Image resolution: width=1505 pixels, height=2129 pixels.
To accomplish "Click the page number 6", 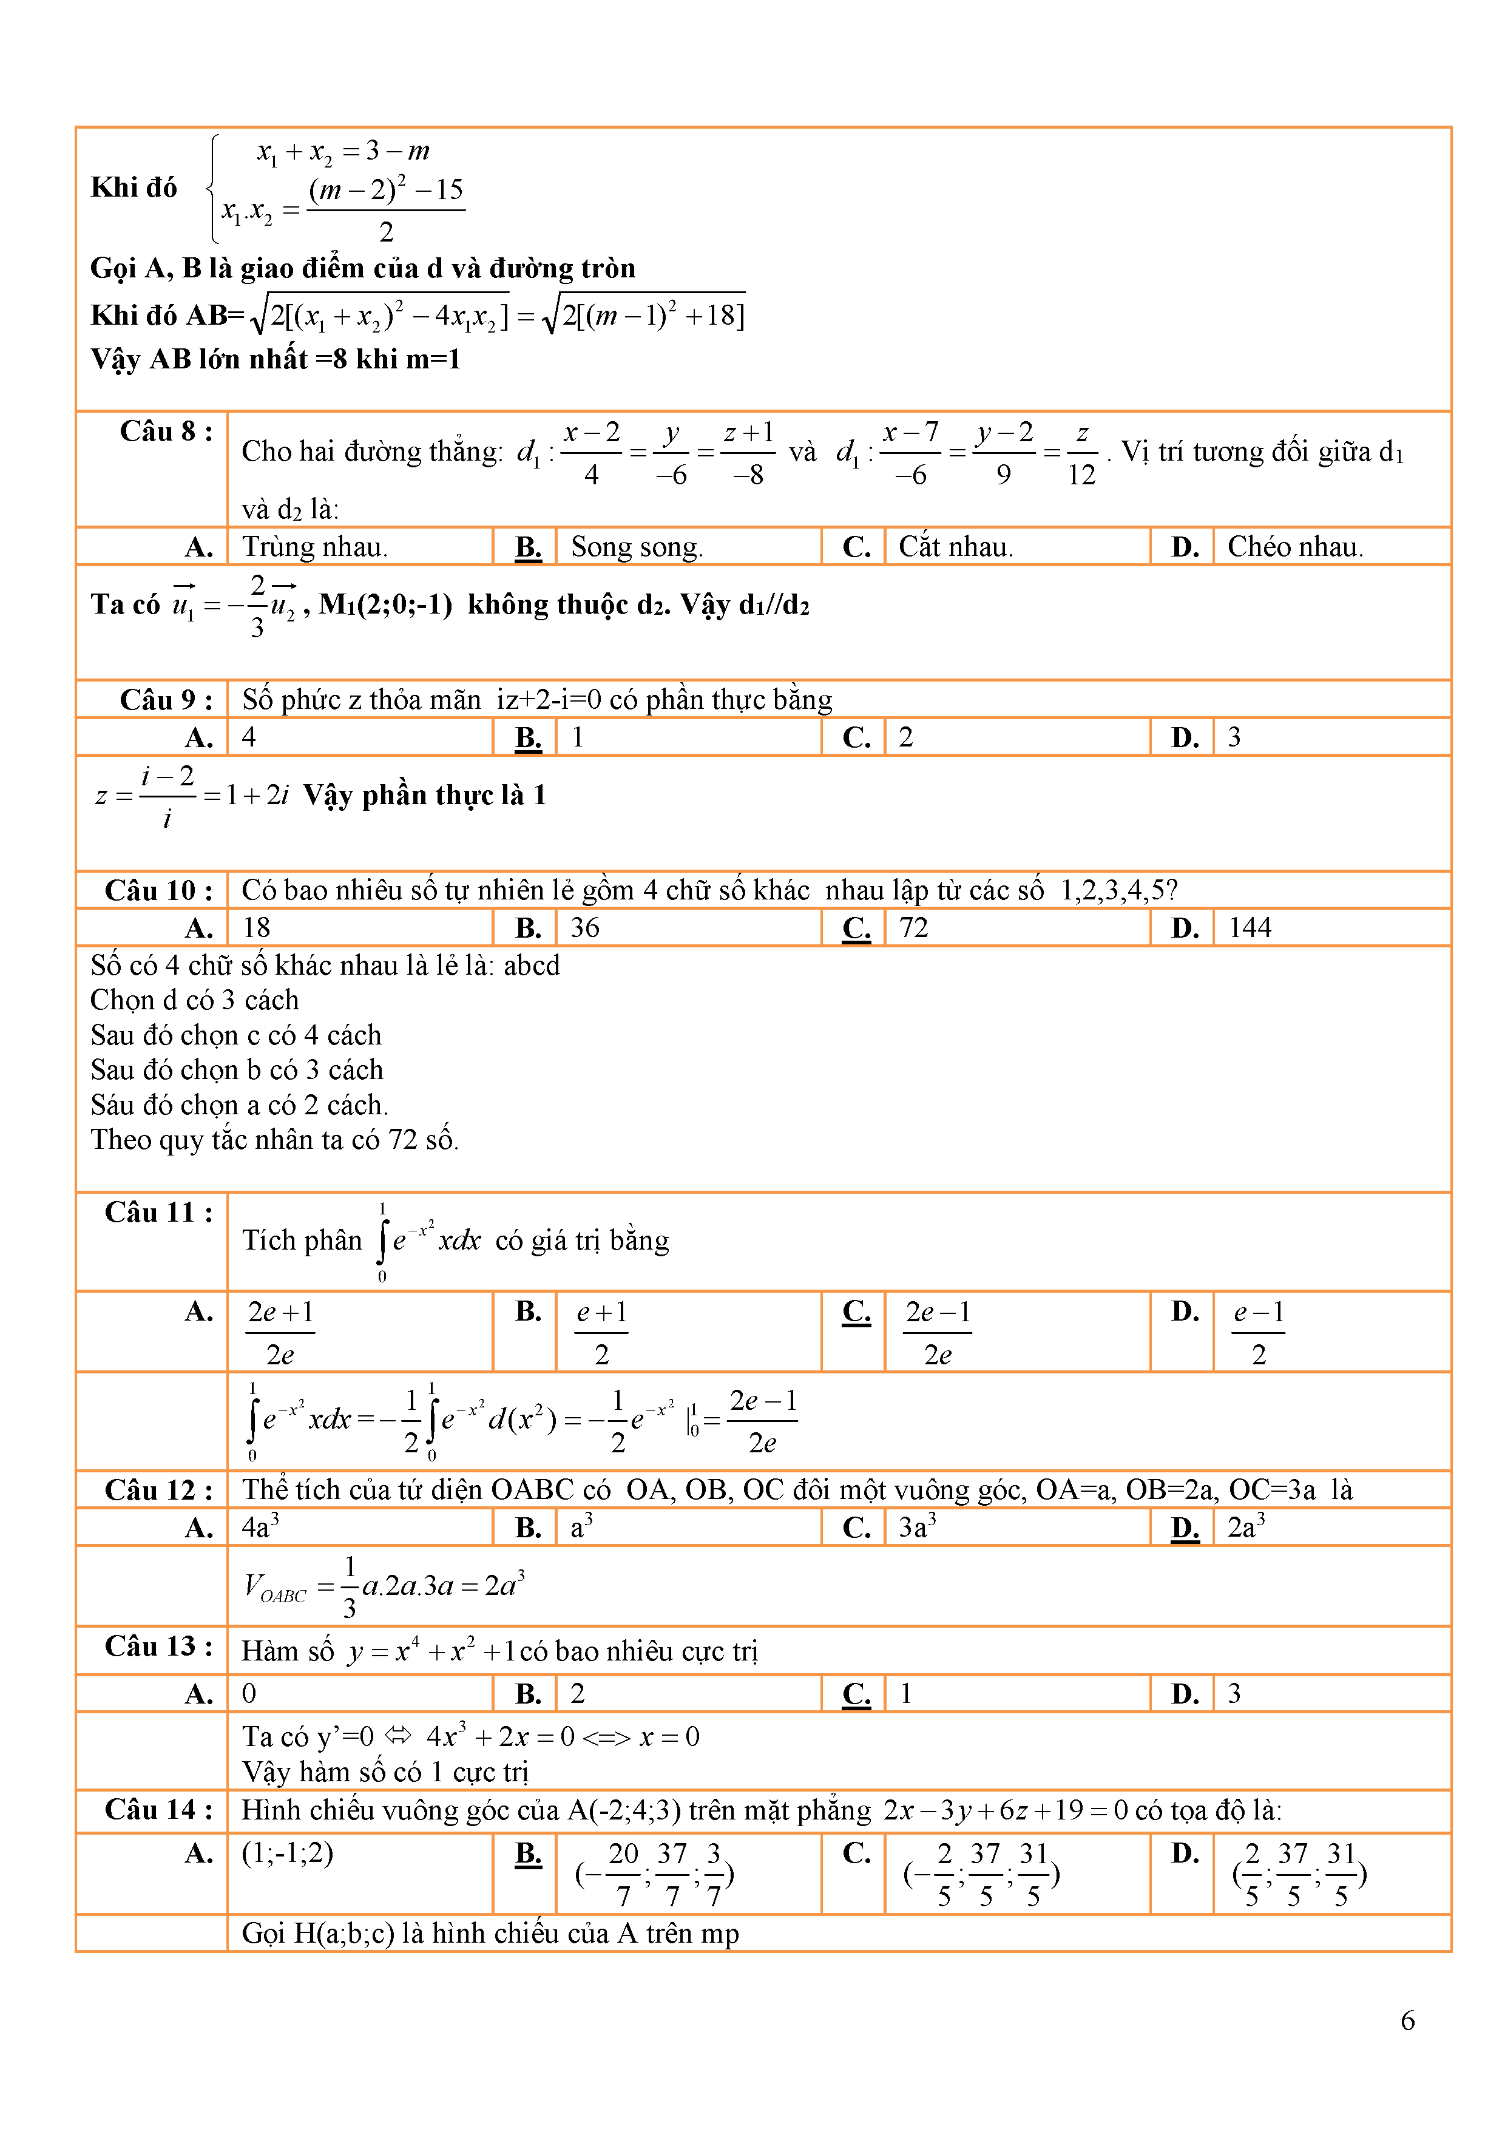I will [x=1407, y=2020].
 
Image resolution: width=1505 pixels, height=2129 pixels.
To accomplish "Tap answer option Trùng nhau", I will [x=314, y=547].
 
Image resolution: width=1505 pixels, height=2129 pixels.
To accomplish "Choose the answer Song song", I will [x=636, y=547].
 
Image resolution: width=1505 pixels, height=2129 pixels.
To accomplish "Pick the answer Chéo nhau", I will [x=1294, y=547].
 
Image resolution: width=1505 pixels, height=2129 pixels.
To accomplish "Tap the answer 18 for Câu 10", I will [x=256, y=927].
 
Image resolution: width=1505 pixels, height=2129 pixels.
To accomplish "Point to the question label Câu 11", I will [x=158, y=1212].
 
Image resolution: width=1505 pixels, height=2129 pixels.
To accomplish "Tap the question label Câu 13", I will [x=158, y=1646].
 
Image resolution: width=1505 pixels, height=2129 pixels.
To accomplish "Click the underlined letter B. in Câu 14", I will [x=527, y=1853].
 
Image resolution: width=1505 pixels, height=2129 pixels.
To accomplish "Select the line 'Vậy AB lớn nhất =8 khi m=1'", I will [x=276, y=359].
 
